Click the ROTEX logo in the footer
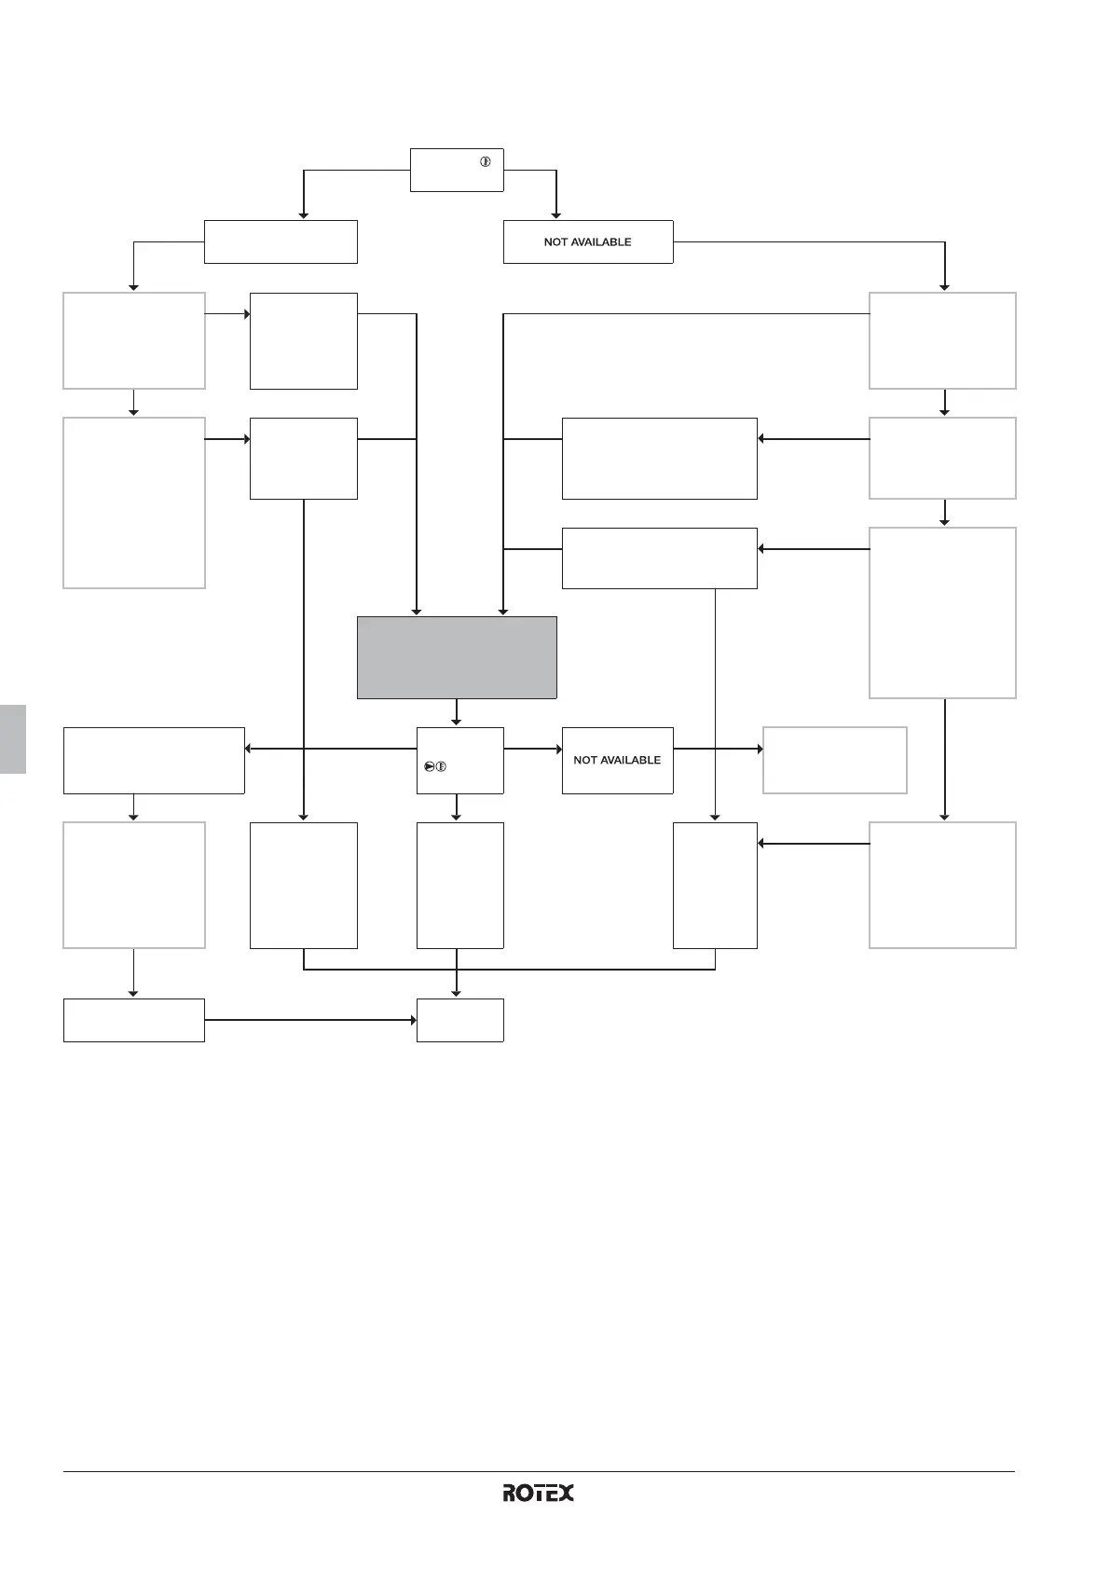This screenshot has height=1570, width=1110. (538, 1493)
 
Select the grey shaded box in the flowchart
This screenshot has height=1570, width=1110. (457, 657)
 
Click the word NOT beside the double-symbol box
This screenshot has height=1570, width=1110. (584, 761)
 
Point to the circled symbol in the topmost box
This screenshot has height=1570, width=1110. (486, 162)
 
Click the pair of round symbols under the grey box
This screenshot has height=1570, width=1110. (435, 766)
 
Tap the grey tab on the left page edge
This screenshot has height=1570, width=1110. (13, 738)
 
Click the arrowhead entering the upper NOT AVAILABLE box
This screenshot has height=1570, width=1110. (556, 215)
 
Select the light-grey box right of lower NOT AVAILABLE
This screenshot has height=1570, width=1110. (834, 760)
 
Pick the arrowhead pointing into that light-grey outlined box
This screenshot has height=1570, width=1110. (760, 749)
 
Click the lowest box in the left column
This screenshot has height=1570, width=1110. (133, 1020)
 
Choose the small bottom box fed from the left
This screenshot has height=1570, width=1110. (459, 1020)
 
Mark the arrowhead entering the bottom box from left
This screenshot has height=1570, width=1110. (413, 1020)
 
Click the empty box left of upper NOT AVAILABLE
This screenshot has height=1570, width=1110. (281, 242)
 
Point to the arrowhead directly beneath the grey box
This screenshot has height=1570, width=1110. (456, 722)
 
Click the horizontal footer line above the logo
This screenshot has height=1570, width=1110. (538, 1472)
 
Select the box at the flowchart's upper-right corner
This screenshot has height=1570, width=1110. (942, 340)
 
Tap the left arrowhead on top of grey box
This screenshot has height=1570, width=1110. (417, 612)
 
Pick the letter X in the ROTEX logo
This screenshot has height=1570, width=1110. (565, 1493)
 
